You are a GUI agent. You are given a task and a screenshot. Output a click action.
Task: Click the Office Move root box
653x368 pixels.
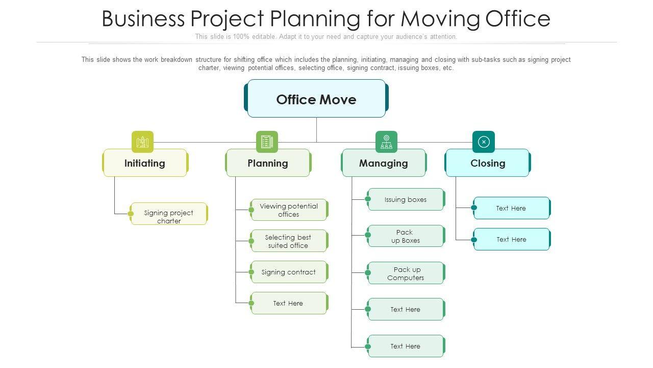316,99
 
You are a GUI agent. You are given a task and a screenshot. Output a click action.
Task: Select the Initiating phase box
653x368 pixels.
145,163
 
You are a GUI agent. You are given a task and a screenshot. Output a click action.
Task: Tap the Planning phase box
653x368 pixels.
268,163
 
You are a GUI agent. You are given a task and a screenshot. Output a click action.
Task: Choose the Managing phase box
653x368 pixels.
384,163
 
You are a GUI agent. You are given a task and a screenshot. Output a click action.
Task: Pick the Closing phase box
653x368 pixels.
488,163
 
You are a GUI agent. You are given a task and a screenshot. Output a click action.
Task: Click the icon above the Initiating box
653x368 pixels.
142,142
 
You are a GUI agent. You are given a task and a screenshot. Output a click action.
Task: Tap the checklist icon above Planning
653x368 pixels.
267,142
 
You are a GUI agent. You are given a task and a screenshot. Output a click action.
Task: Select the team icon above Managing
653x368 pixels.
386,142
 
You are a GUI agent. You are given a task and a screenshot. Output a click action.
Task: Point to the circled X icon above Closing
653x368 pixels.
484,142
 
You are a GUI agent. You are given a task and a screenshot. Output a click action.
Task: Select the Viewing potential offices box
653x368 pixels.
289,210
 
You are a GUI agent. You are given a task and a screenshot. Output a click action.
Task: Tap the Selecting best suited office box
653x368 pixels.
288,241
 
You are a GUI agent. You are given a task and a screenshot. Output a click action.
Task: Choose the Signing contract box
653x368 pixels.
289,272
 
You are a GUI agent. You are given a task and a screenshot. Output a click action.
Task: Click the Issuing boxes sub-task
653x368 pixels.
406,199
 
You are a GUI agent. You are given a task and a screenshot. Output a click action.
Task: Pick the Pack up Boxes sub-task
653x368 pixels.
406,236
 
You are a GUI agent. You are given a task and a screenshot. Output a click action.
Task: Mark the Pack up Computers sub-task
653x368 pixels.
406,273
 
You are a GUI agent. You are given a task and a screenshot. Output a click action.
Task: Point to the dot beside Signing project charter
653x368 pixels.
131,214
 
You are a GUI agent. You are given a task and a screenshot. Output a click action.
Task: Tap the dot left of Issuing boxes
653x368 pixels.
368,199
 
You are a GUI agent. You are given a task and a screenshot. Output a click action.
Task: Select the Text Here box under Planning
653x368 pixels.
288,303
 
